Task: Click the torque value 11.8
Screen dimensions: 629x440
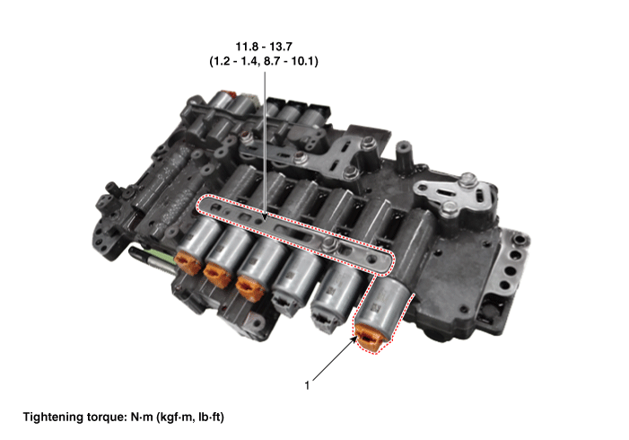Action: (x=247, y=47)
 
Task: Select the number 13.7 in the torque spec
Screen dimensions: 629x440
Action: (x=280, y=47)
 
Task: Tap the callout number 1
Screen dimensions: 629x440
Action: (x=307, y=386)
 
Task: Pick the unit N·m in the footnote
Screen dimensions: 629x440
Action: (x=142, y=418)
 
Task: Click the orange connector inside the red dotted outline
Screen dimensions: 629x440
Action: (x=370, y=338)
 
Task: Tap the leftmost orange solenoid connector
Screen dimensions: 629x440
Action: (x=188, y=262)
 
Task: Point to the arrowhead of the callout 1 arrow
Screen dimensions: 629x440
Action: (x=354, y=338)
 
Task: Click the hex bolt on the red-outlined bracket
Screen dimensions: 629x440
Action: (x=329, y=242)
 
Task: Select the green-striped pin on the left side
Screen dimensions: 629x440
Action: (x=152, y=260)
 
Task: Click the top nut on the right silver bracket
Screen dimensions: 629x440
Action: (x=467, y=180)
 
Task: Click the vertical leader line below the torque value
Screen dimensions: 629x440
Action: (x=265, y=145)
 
